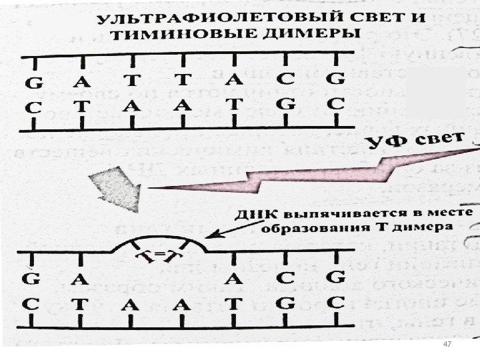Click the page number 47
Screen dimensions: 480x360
click(x=447, y=344)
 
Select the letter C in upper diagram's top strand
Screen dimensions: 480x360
click(x=286, y=79)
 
